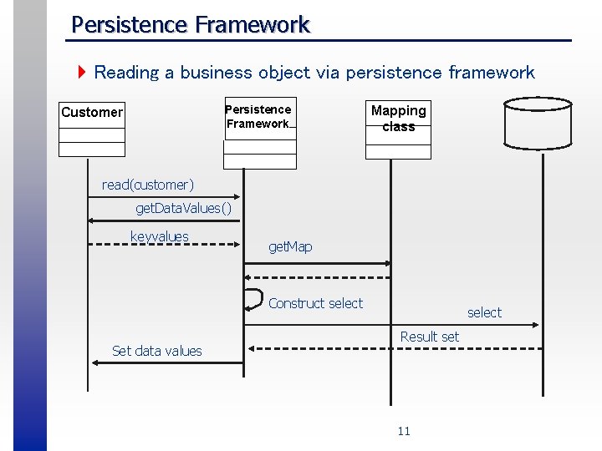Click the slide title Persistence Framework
click(x=191, y=24)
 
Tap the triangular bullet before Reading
click(x=82, y=73)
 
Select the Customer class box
click(x=92, y=129)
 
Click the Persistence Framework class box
click(x=259, y=133)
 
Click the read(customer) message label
click(x=148, y=184)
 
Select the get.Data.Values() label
click(x=183, y=208)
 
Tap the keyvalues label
click(x=160, y=236)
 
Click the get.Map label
click(x=290, y=246)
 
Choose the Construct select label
click(x=315, y=303)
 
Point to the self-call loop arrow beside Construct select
click(x=252, y=298)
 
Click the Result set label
click(x=429, y=337)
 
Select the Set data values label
click(x=157, y=351)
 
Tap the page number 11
click(x=404, y=431)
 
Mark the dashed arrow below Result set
click(x=393, y=347)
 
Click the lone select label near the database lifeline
click(x=484, y=312)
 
